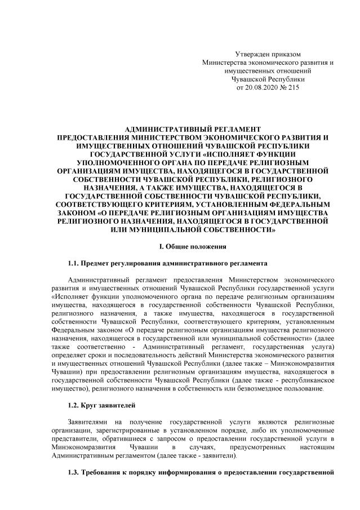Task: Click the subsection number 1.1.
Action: pyautogui.click(x=74, y=263)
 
